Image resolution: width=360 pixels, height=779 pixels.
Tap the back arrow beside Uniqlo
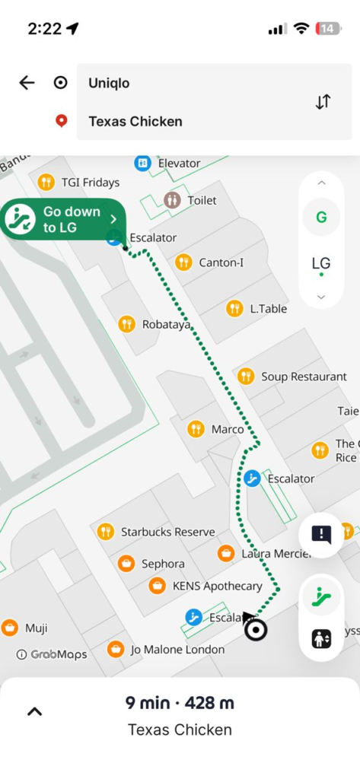pyautogui.click(x=27, y=83)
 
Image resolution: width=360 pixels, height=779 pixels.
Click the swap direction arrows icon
pyautogui.click(x=323, y=102)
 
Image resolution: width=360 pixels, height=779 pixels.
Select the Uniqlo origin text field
pyautogui.click(x=190, y=83)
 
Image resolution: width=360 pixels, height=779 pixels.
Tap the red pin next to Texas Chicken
pyautogui.click(x=61, y=121)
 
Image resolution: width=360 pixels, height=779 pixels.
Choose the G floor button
pyautogui.click(x=321, y=218)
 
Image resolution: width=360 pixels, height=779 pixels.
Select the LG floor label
pyautogui.click(x=321, y=263)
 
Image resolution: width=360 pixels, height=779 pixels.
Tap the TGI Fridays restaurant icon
pyautogui.click(x=46, y=182)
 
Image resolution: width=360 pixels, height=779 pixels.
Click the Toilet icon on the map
pyautogui.click(x=173, y=200)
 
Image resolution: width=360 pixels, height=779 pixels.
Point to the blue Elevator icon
pyautogui.click(x=142, y=163)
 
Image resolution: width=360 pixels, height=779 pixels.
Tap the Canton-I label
pyautogui.click(x=221, y=262)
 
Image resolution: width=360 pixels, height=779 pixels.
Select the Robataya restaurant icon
pyautogui.click(x=127, y=325)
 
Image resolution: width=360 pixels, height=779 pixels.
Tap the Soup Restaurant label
pyautogui.click(x=304, y=377)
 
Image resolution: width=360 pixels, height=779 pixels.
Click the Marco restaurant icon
pyautogui.click(x=196, y=429)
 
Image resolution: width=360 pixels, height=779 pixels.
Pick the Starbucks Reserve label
pyautogui.click(x=167, y=532)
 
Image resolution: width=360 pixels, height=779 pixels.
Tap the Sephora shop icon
pyautogui.click(x=126, y=564)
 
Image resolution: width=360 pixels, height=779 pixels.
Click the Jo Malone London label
pyautogui.click(x=177, y=650)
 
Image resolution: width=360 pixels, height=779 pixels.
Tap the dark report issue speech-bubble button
pyautogui.click(x=321, y=535)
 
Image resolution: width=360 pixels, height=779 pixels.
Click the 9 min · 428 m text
pyautogui.click(x=180, y=703)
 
